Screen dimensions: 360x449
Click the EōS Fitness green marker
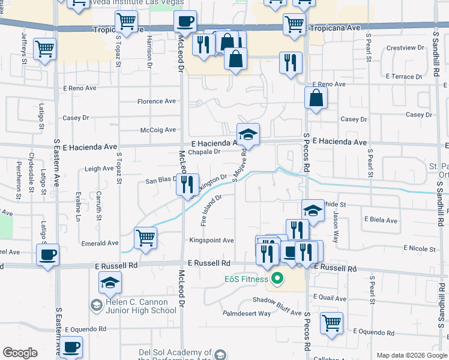tap(277, 278)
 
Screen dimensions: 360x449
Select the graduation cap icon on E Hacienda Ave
tap(247, 134)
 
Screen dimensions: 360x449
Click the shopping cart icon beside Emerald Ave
tap(145, 238)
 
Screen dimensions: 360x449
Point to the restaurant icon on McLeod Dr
tap(187, 184)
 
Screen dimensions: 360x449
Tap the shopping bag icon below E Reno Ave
tap(316, 98)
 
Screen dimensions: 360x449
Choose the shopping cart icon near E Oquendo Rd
tap(331, 323)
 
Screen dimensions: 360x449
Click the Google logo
tap(20, 353)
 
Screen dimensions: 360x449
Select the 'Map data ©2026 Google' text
tap(411, 355)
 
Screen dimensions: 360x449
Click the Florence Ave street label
tap(157, 101)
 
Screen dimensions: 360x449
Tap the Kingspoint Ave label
tap(211, 241)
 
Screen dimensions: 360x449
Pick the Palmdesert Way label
tap(247, 313)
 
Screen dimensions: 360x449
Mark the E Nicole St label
tap(420, 248)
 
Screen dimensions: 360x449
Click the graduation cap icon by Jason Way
tap(312, 210)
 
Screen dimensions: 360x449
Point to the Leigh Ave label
tap(99, 169)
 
